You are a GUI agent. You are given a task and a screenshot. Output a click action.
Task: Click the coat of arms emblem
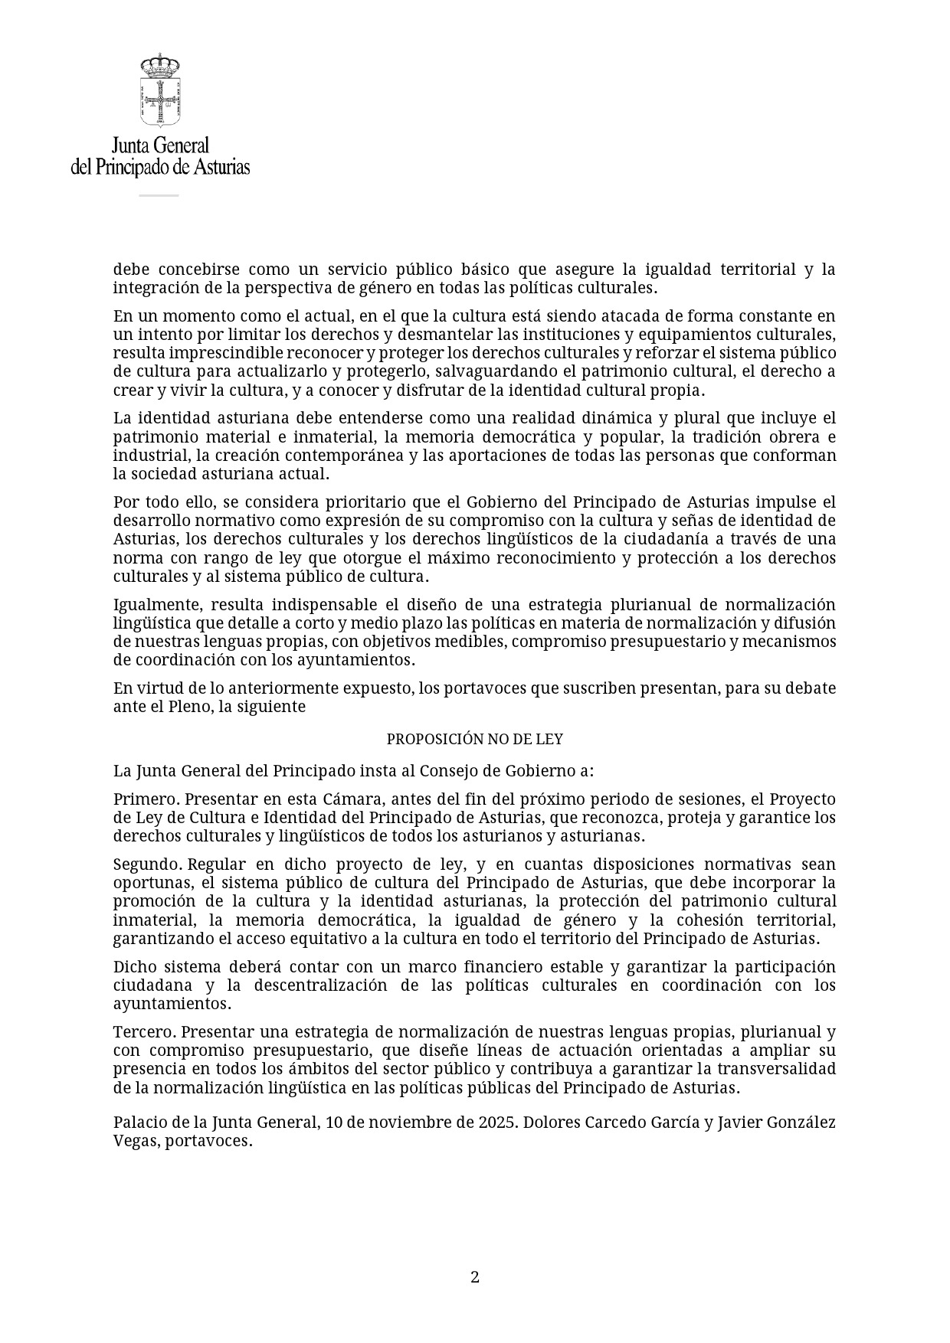tap(160, 90)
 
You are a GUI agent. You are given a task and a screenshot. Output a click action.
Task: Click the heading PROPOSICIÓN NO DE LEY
tap(474, 740)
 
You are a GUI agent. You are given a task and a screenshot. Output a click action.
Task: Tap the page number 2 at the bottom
tap(474, 1277)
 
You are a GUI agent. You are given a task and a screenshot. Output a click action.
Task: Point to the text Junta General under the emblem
tap(160, 145)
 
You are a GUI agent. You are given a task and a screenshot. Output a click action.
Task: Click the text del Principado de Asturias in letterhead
tap(160, 166)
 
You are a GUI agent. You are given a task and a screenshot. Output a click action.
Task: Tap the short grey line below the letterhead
tap(159, 196)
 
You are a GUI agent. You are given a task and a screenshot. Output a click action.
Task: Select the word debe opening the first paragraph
tap(130, 270)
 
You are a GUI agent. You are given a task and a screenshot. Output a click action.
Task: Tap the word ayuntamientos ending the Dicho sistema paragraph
tap(170, 1004)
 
